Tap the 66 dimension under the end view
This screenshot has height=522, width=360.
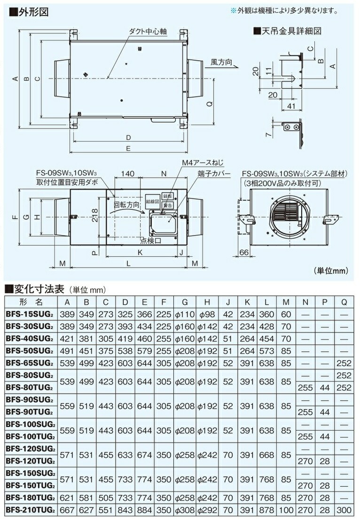coord(244,253)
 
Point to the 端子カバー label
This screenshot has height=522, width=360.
coord(214,174)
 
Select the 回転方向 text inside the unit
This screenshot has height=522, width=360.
coord(126,206)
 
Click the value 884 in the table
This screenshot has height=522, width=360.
coord(144,509)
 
